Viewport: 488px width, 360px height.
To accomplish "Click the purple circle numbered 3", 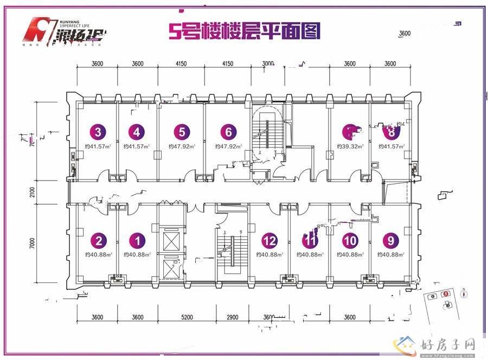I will pos(98,131).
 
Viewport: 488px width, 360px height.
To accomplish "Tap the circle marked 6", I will pos(228,131).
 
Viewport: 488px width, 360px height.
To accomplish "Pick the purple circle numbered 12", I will pos(269,240).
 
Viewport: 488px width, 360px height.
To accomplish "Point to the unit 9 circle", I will pos(389,240).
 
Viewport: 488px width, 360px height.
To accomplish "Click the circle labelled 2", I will pos(98,240).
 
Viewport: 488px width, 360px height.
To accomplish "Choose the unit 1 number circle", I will pos(138,240).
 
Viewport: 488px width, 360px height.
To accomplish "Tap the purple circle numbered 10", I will pos(350,240).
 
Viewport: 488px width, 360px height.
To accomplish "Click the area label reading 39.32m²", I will pos(350,146).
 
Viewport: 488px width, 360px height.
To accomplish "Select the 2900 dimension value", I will pos(232,317).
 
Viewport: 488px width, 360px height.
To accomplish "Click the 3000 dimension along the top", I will pos(268,63).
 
